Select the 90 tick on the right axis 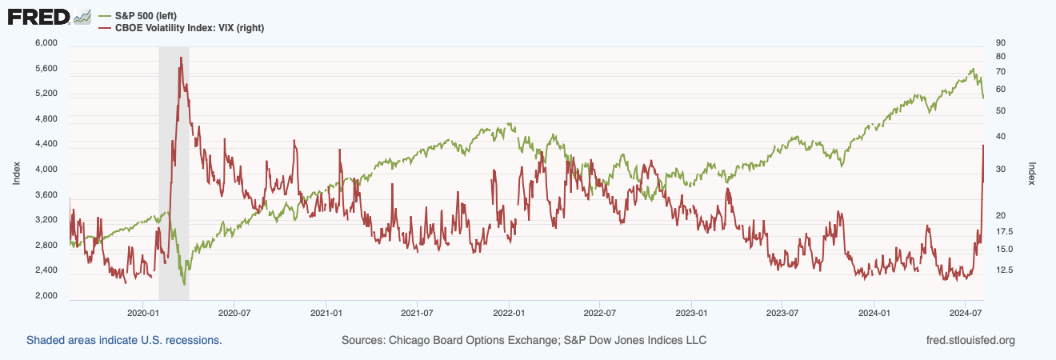coord(999,42)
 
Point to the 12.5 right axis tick coord(1003,270)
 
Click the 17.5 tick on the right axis coord(1003,232)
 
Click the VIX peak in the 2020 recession coord(182,58)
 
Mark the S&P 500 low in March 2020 coord(184,284)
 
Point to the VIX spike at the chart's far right coord(982,146)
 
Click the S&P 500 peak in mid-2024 coord(972,70)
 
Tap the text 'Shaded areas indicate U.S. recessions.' coord(124,340)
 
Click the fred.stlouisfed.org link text coord(970,340)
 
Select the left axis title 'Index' coord(16,172)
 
